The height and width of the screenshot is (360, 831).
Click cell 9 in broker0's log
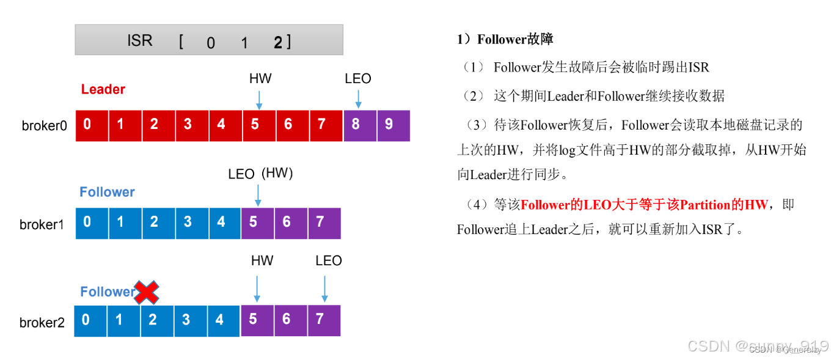(x=393, y=125)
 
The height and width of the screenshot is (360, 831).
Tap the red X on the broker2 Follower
(x=147, y=293)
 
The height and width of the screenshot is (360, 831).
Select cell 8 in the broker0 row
(x=359, y=125)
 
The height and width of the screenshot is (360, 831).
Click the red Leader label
(x=103, y=89)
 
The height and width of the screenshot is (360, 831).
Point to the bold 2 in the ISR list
(x=278, y=42)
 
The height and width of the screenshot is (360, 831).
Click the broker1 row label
(x=42, y=224)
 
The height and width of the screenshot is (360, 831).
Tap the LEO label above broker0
(x=357, y=79)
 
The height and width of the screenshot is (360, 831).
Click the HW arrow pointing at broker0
(x=260, y=99)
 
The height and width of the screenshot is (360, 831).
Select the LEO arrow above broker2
(x=324, y=288)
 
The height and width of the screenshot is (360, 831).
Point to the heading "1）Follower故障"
(x=505, y=40)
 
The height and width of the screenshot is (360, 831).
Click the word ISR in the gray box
(x=139, y=41)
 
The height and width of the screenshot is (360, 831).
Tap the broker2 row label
(x=42, y=322)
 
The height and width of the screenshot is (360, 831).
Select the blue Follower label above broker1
(x=107, y=192)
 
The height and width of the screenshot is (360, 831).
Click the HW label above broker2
(x=262, y=261)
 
